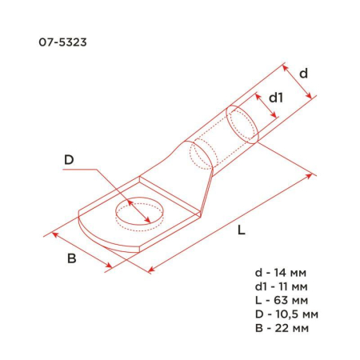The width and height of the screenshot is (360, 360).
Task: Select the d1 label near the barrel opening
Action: [x=275, y=98]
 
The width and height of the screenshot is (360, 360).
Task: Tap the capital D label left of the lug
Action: [x=69, y=160]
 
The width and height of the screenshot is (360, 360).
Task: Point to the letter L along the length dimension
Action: [x=241, y=230]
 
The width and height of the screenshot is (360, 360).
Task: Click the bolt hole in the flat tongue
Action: [x=138, y=213]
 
